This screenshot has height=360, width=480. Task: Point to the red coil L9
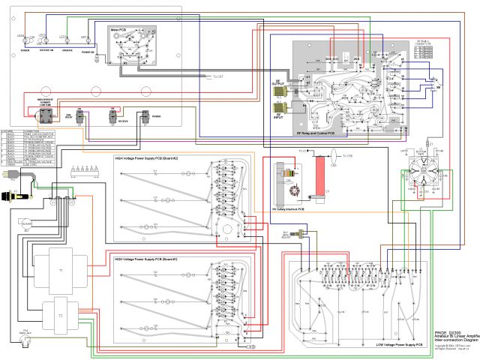point(324,172)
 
